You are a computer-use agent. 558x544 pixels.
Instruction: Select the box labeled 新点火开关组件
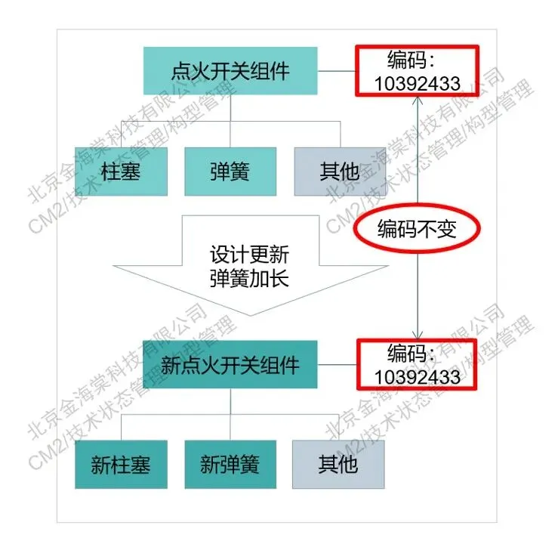[230, 365]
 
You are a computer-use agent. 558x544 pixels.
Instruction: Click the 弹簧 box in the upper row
[230, 171]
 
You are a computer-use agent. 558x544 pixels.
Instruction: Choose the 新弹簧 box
[230, 464]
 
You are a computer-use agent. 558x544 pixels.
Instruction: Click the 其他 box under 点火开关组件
[338, 171]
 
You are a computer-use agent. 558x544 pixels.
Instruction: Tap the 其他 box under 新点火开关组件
[338, 464]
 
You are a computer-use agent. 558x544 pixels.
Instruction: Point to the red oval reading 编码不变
[418, 229]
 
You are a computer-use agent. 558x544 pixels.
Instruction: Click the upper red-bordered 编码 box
[417, 72]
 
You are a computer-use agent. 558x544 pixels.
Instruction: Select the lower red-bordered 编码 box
[417, 364]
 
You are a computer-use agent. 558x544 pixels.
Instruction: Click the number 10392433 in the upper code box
[417, 83]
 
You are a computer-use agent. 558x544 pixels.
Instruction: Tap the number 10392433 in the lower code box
[417, 376]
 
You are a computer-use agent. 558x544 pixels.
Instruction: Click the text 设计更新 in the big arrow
[248, 253]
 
